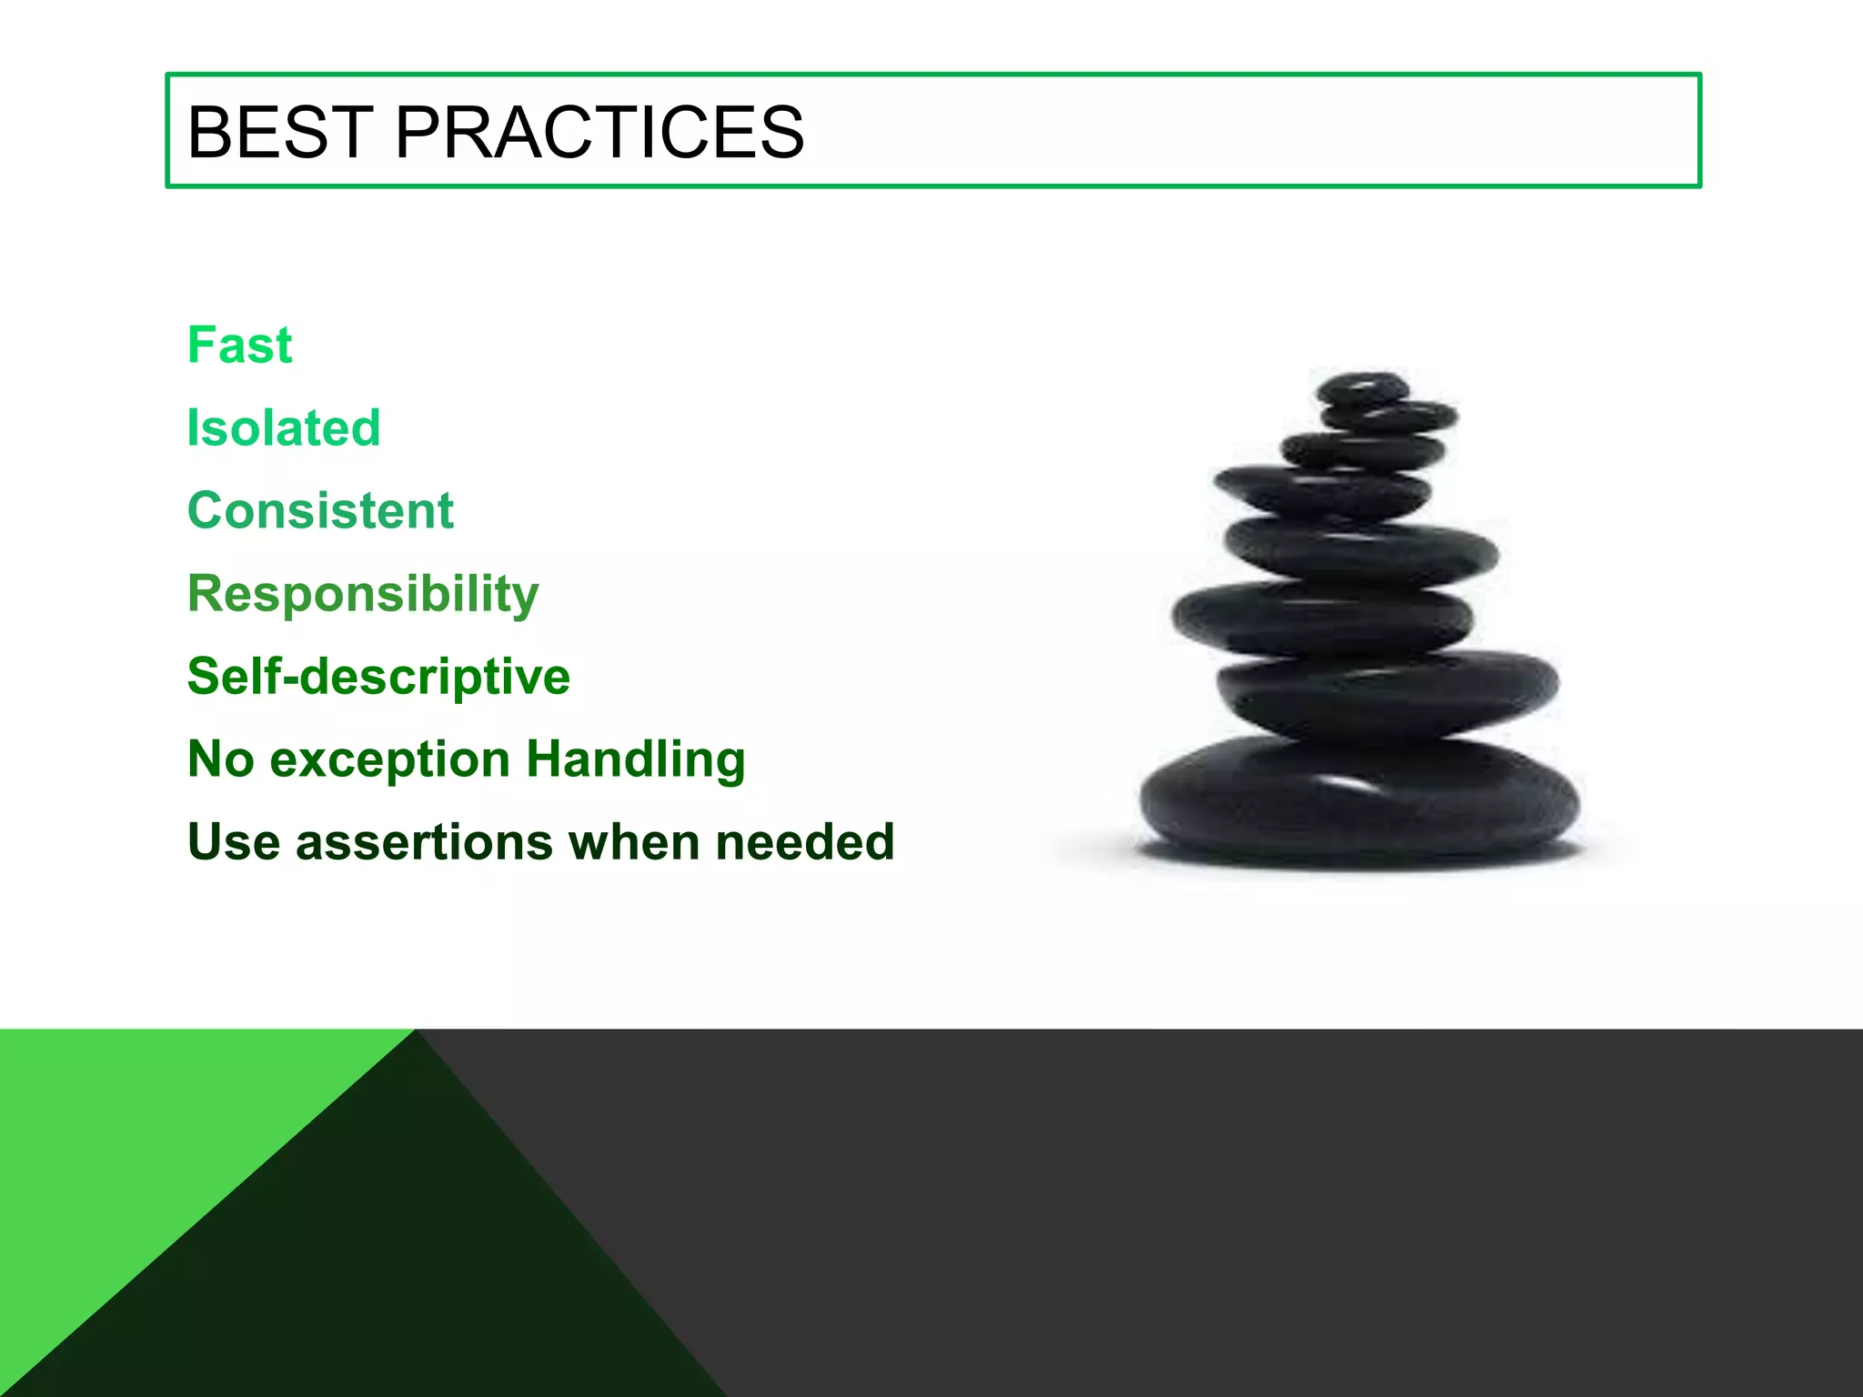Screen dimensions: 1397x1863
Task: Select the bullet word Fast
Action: (239, 346)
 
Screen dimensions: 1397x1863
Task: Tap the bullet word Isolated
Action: (283, 428)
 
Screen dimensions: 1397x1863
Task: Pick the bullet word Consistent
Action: (320, 511)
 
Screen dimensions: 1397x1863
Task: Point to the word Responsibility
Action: (363, 595)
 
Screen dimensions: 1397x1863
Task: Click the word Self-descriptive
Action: (378, 677)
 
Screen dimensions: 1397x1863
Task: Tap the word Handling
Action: (636, 759)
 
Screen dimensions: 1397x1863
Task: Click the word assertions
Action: (424, 843)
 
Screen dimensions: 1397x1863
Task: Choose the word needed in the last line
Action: (804, 842)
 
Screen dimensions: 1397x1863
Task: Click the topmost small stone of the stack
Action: (1361, 389)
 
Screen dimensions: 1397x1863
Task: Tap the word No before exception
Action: (220, 760)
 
